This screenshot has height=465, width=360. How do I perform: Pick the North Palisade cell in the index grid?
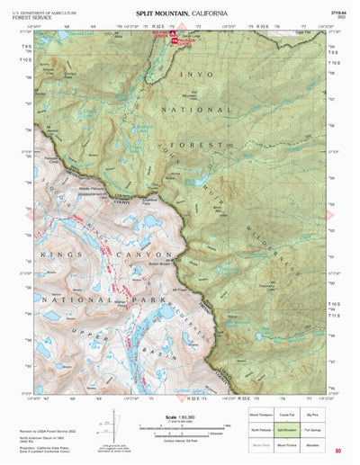264,429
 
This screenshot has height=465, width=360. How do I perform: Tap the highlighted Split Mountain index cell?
290,429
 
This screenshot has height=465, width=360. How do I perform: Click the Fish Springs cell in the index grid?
317,429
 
